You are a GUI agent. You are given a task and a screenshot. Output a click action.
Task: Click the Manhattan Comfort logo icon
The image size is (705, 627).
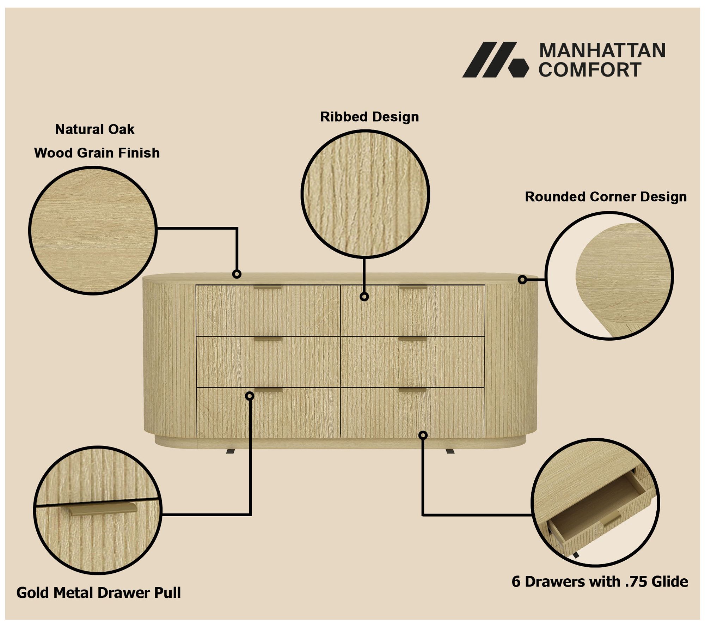click(495, 60)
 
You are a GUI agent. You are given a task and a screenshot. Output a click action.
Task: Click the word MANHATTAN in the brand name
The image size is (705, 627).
click(602, 50)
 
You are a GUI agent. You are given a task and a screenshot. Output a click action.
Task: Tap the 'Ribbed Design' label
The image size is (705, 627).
click(369, 117)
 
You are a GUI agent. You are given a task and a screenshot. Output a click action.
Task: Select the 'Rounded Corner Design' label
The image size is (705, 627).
click(606, 196)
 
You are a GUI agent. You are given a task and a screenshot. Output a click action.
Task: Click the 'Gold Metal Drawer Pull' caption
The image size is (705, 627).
click(99, 592)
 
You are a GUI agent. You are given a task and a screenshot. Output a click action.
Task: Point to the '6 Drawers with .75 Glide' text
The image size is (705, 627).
click(600, 582)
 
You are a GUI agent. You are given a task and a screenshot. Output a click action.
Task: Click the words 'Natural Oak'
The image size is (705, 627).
click(95, 129)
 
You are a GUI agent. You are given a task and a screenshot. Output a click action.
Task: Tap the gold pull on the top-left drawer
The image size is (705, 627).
click(268, 287)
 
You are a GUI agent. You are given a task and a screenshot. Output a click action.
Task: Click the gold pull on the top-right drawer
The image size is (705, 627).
click(413, 287)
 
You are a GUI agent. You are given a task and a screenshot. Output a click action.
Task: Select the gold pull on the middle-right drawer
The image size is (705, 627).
click(413, 339)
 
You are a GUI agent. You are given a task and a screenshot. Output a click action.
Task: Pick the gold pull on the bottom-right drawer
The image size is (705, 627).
click(413, 390)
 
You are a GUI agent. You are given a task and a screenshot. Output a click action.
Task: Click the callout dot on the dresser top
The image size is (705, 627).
click(237, 274)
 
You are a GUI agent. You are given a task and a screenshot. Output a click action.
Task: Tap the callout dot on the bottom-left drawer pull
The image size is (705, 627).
click(250, 396)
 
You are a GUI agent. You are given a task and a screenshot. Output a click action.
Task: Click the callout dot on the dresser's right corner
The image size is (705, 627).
click(522, 280)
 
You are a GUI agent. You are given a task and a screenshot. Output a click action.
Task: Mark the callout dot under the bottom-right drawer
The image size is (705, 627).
click(423, 436)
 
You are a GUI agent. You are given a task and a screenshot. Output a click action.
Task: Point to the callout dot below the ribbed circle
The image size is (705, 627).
click(364, 297)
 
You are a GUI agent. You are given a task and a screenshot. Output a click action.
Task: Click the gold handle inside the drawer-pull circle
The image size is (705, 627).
click(102, 509)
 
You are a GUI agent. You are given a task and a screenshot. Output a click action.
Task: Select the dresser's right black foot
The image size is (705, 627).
click(450, 451)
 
